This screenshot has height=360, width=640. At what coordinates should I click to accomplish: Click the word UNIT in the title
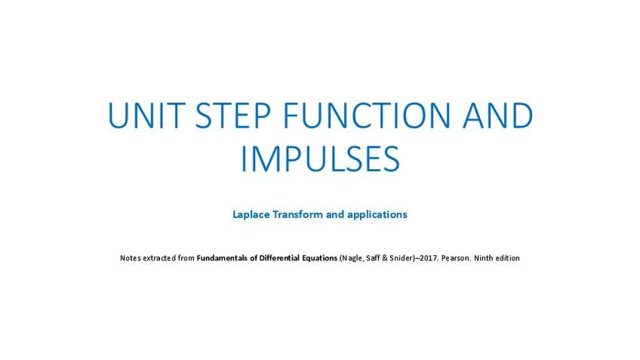(x=146, y=115)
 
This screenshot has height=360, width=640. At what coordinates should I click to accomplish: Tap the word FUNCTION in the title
(x=367, y=115)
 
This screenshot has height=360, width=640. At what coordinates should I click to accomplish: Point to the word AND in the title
(x=497, y=115)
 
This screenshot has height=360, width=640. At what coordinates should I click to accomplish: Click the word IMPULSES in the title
(x=321, y=158)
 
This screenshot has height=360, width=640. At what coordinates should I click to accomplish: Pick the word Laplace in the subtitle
(x=251, y=214)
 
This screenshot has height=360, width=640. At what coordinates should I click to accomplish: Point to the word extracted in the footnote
(x=159, y=258)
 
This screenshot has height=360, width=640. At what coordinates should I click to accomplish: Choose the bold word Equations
(x=319, y=258)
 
